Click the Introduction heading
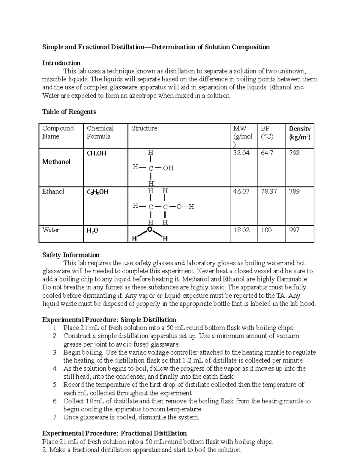point(61,63)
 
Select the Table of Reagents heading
point(69,112)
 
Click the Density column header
point(299,129)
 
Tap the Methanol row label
point(56,162)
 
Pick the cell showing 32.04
point(241,153)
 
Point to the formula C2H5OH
point(97,192)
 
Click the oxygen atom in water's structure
point(149,230)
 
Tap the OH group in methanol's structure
point(168,168)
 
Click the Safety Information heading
point(71,255)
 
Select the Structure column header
point(144,128)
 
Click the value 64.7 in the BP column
point(267,153)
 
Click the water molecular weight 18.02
point(241,230)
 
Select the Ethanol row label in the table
point(53,191)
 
